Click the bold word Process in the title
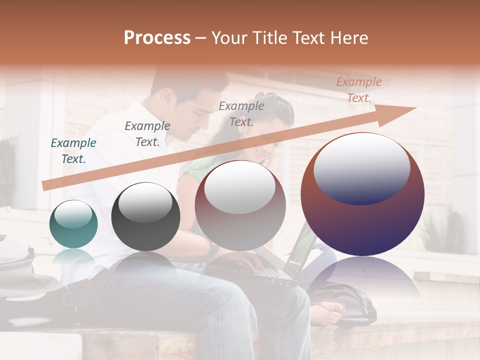157,37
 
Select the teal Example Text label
73,151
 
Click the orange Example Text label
358,90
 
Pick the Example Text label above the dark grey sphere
147,133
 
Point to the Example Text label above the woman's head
241,113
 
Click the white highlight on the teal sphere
73,213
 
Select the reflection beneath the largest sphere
362,280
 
